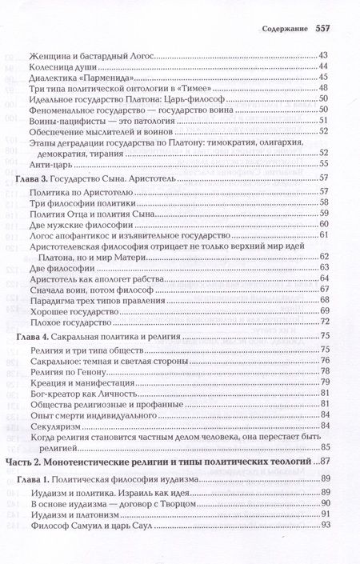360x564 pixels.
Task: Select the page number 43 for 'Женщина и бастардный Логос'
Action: (324, 54)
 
